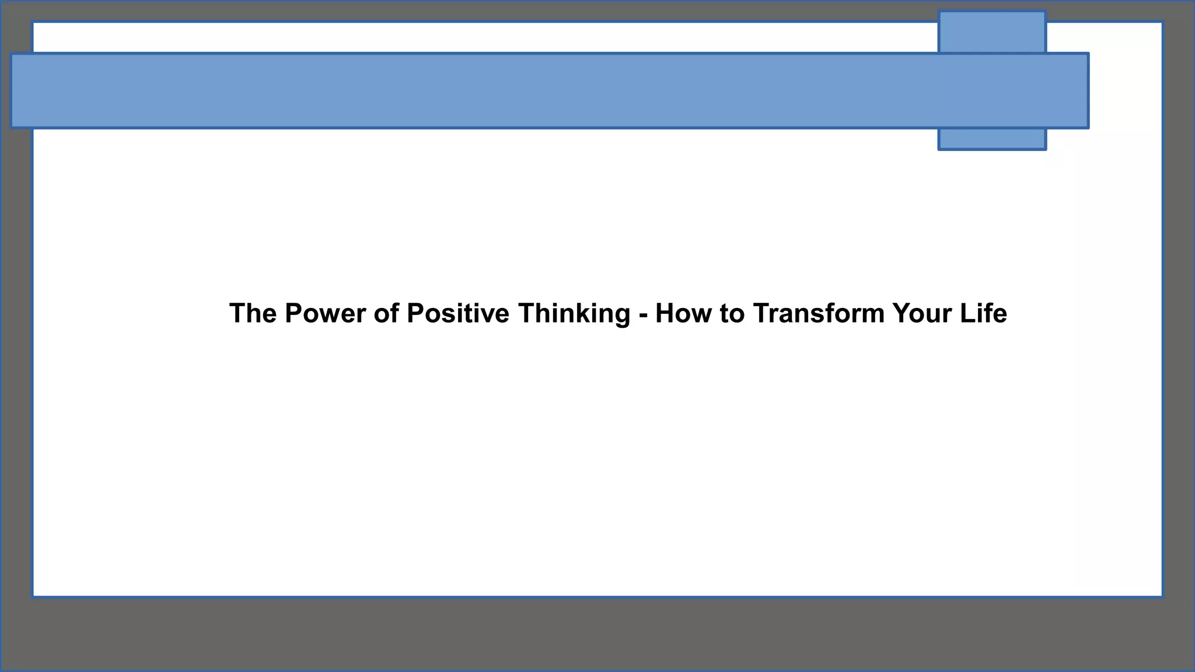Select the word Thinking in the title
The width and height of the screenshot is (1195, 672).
tap(574, 313)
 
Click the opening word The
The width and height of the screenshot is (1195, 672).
tap(253, 313)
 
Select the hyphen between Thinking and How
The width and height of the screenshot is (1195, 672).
tap(643, 316)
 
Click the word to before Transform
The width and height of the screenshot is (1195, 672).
tap(732, 313)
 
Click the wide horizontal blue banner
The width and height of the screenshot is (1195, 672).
tap(525, 90)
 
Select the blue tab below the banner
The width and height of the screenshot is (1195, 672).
tap(992, 139)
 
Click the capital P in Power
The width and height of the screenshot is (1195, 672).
tap(293, 313)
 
